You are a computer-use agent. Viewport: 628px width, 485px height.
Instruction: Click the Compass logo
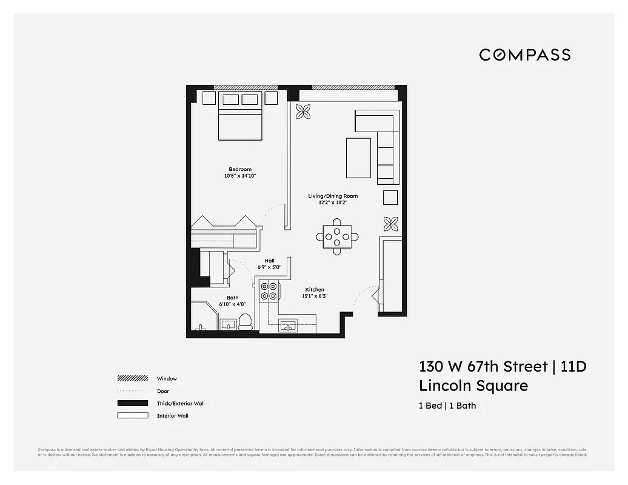point(524,55)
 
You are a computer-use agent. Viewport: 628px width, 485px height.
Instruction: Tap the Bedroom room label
point(240,169)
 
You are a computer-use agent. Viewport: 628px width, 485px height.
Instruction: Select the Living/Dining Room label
point(333,196)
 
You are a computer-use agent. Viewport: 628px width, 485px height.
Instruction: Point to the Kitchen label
point(315,290)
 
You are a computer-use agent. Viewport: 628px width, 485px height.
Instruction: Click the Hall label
point(269,261)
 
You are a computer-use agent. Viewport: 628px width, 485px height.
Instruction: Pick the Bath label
point(233,298)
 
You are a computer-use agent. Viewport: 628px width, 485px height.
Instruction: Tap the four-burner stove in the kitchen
point(268,292)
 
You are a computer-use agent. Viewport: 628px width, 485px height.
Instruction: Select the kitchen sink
point(289,326)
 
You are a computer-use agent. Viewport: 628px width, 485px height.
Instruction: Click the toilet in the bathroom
point(245,321)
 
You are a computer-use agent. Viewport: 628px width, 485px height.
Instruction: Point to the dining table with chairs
point(337,236)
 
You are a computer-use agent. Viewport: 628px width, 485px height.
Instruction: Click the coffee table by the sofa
point(358,158)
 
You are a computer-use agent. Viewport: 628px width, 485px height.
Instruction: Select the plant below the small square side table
point(391,223)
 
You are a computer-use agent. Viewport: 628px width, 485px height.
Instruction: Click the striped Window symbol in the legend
point(132,378)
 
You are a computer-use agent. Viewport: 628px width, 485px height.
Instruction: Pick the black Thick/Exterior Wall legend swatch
point(132,403)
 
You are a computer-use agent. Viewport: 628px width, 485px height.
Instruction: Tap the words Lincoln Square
point(473,386)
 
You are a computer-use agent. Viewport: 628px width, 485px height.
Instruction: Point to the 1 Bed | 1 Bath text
point(447,406)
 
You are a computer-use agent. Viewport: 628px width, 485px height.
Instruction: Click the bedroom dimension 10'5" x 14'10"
point(240,176)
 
